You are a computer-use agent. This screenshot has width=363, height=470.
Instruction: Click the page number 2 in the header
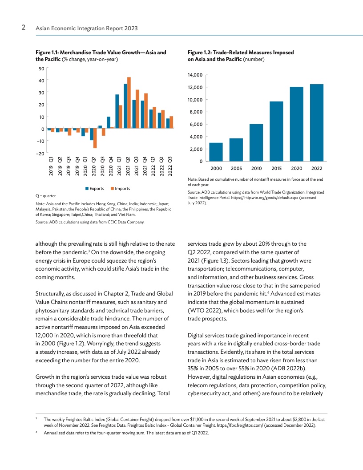point(23,28)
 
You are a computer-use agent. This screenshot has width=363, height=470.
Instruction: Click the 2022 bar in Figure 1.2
point(316,122)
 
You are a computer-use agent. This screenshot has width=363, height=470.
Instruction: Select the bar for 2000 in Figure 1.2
point(216,152)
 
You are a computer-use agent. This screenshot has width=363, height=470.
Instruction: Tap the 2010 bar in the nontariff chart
point(256,142)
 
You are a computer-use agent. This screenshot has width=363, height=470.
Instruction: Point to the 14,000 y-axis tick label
point(195,75)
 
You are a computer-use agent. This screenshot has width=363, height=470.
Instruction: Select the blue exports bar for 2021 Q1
point(117,111)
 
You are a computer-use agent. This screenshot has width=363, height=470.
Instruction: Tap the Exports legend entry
point(95,189)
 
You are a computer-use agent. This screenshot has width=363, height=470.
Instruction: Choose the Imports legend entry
point(120,189)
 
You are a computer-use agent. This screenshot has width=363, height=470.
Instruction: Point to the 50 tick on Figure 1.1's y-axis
point(41,68)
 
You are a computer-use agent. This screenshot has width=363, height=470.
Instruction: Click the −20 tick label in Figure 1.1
point(40,153)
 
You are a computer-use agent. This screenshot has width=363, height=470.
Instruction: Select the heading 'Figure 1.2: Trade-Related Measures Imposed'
point(241,53)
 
